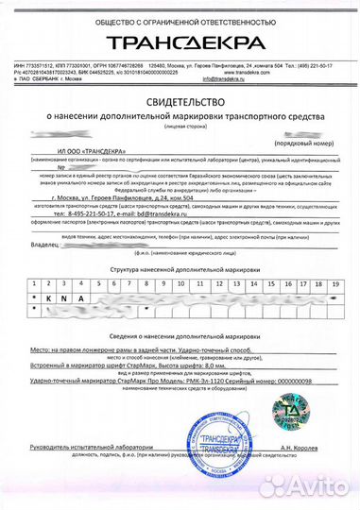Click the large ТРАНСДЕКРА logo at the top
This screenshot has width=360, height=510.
click(181, 43)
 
